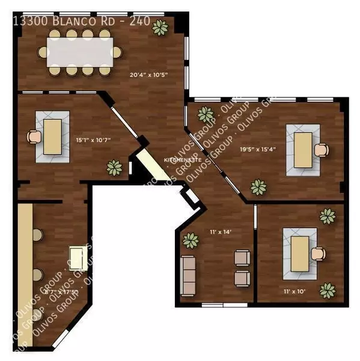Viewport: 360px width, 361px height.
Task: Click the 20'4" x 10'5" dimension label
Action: pyautogui.click(x=148, y=75)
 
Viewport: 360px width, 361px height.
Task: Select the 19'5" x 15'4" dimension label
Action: pyautogui.click(x=258, y=149)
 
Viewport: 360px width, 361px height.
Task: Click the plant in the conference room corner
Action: pyautogui.click(x=160, y=27)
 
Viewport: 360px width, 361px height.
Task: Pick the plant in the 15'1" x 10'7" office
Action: pyautogui.click(x=114, y=167)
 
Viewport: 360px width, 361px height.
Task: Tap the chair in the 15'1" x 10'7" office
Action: pyautogui.click(x=32, y=137)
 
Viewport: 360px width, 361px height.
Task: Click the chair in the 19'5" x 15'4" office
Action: pyautogui.click(x=323, y=149)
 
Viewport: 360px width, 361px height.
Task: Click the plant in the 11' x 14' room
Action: pyautogui.click(x=191, y=241)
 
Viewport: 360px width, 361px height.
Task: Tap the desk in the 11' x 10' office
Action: pyautogui.click(x=300, y=253)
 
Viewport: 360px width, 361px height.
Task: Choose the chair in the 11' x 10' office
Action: pyautogui.click(x=319, y=253)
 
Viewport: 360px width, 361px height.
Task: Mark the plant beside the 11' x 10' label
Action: pyautogui.click(x=328, y=291)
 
